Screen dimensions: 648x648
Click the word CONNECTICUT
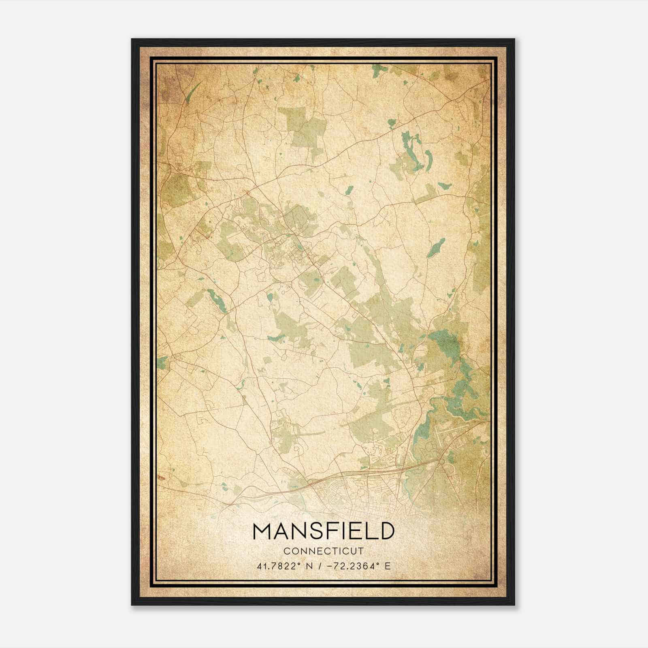pos(324,551)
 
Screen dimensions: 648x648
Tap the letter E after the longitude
pos(388,566)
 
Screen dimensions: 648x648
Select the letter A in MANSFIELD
pos(279,531)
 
